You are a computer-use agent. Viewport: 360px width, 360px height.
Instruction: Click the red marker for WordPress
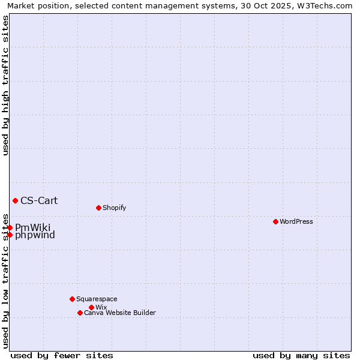click(275, 221)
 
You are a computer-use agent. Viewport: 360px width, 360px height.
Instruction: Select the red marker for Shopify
click(98, 208)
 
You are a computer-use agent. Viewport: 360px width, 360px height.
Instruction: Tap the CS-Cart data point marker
click(15, 200)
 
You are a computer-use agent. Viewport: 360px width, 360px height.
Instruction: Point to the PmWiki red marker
click(10, 227)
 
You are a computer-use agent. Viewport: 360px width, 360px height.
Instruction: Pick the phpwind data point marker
click(10, 235)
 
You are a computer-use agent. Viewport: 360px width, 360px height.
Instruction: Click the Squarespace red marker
click(72, 299)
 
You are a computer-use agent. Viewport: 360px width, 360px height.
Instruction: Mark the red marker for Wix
click(91, 307)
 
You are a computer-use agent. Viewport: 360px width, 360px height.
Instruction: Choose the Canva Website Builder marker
click(80, 313)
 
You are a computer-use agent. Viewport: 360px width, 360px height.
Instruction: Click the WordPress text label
click(296, 221)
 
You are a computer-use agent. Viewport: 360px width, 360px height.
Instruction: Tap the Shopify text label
click(115, 208)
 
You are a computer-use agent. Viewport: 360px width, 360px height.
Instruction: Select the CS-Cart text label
click(39, 200)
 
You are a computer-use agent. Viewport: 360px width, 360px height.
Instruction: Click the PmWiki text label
click(33, 227)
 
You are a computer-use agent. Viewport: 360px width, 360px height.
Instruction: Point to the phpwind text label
click(35, 235)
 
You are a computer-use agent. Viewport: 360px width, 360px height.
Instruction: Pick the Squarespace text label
click(97, 299)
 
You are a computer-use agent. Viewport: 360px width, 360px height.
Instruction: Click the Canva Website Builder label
click(120, 313)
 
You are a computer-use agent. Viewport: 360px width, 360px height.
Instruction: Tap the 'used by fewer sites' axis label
click(62, 355)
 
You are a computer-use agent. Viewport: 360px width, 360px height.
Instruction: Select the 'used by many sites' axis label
click(301, 355)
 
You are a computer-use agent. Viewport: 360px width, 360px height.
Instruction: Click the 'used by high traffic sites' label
click(5, 85)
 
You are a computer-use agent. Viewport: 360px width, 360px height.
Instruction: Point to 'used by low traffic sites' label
click(5, 280)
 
